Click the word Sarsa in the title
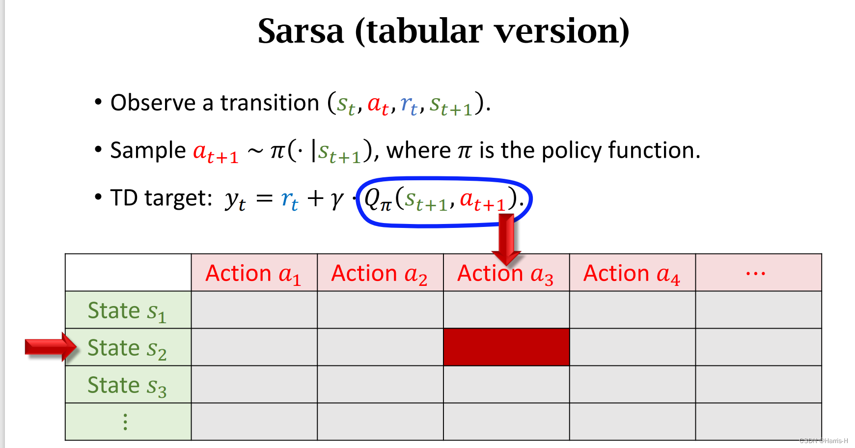pyautogui.click(x=301, y=31)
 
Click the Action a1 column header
pyautogui.click(x=253, y=273)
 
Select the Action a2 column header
pyautogui.click(x=380, y=273)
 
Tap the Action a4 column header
pyautogui.click(x=632, y=273)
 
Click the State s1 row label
pyautogui.click(x=127, y=310)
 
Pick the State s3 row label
pyautogui.click(x=127, y=385)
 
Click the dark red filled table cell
pyautogui.click(x=506, y=347)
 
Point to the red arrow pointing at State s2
pyautogui.click(x=49, y=347)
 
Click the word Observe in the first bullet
pyautogui.click(x=153, y=103)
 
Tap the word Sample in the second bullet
pyautogui.click(x=148, y=150)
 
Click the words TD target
pyautogui.click(x=161, y=198)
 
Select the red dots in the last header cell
pyautogui.click(x=755, y=274)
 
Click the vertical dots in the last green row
pyautogui.click(x=126, y=422)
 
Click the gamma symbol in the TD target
pyautogui.click(x=337, y=199)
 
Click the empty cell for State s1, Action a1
pyautogui.click(x=254, y=310)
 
